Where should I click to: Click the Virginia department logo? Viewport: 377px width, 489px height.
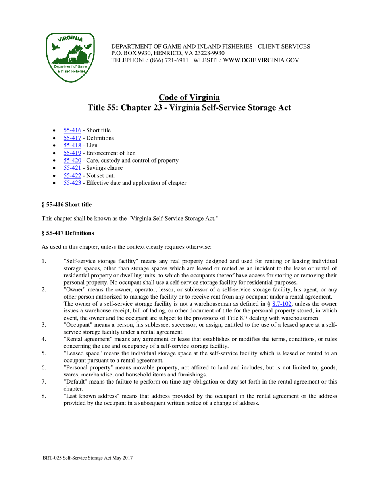click(70, 58)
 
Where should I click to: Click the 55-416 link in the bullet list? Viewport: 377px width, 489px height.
click(72, 130)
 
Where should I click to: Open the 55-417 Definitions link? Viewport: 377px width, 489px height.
click(72, 138)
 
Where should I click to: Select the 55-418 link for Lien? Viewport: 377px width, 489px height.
click(72, 145)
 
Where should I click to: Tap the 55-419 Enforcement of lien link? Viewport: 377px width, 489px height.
click(72, 153)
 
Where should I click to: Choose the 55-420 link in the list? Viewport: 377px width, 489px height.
click(72, 160)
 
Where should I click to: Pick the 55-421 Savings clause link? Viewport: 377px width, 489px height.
click(72, 168)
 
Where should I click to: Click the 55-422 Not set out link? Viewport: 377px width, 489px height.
click(72, 175)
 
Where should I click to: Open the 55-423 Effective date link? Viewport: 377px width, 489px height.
click(72, 183)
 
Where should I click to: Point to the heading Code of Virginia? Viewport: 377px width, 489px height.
click(189, 97)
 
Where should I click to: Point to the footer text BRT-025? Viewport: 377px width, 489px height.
click(53, 458)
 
